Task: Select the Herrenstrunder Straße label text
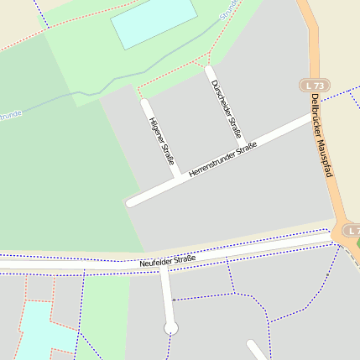click(x=222, y=159)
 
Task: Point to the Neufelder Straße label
click(x=168, y=260)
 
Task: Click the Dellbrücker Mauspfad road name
click(x=321, y=134)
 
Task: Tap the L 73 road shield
click(x=316, y=86)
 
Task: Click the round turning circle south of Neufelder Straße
click(x=171, y=328)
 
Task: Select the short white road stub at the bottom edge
click(x=257, y=350)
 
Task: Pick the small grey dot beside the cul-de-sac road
click(x=174, y=300)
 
